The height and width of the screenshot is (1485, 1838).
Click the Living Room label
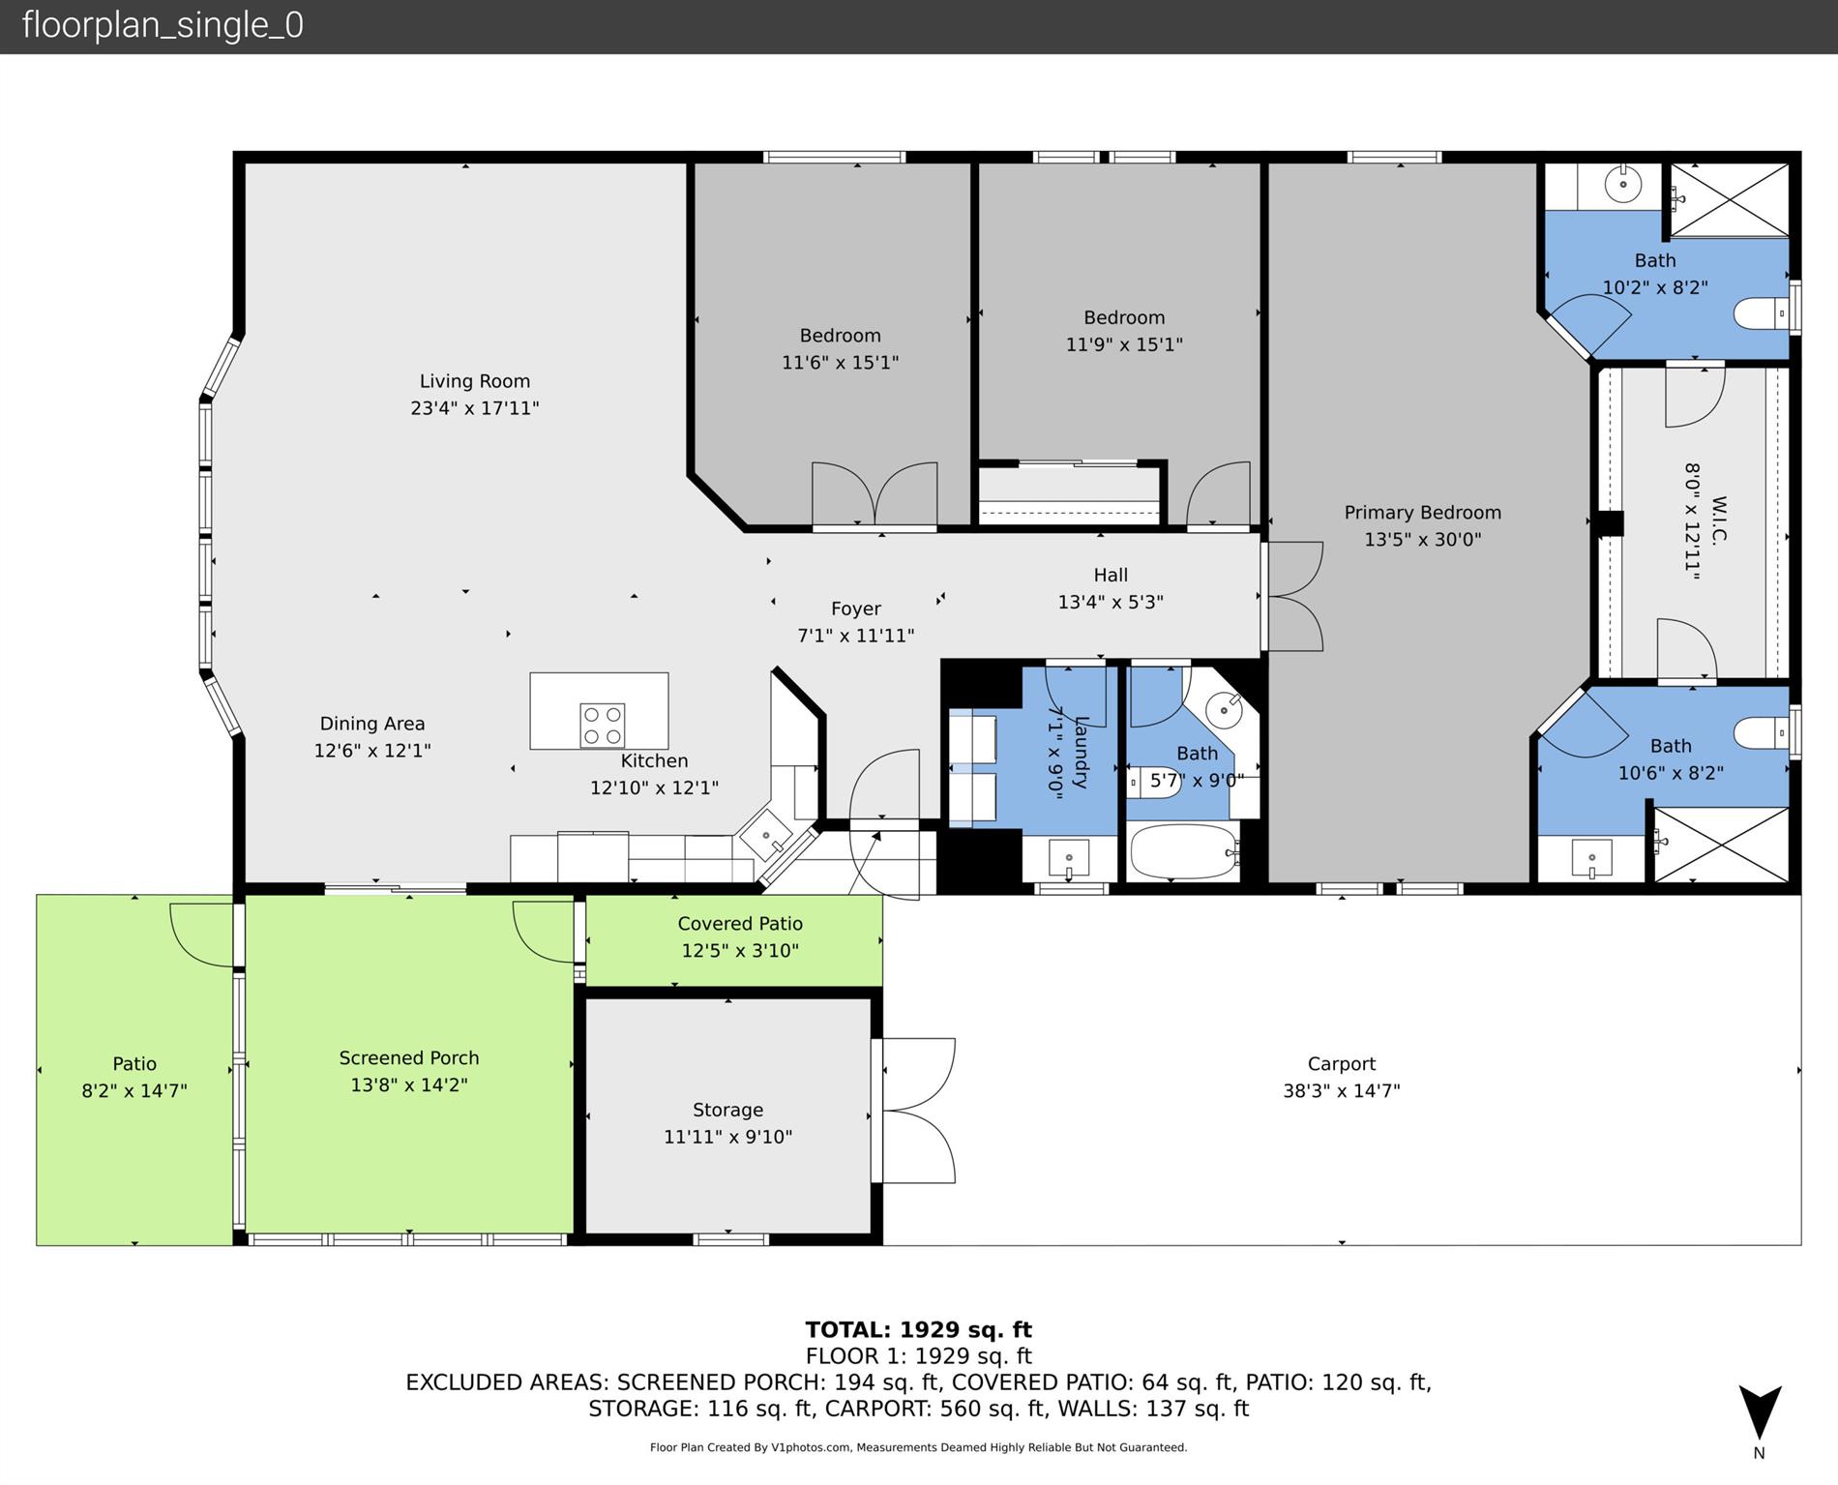474,381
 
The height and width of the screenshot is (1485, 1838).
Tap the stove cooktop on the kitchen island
602,726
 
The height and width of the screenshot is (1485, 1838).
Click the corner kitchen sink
766,835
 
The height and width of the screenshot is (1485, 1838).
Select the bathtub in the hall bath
1183,851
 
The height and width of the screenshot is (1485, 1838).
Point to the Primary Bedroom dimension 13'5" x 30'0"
1422,540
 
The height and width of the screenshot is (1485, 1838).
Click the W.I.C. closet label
1719,521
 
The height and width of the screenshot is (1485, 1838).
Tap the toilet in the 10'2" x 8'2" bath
1761,314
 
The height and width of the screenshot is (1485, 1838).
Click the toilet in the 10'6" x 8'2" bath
1761,732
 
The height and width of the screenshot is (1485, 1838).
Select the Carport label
1341,1064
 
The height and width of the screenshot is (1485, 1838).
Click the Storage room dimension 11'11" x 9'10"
727,1137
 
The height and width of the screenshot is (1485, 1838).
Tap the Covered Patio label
739,924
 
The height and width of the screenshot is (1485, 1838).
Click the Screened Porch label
408,1058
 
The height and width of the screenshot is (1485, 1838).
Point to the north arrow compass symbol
1760,1413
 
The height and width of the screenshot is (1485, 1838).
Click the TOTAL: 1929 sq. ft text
918,1330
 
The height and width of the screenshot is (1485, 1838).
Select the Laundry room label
1082,753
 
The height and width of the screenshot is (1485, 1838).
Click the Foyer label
855,609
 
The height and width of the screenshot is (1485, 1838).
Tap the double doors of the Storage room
914,1111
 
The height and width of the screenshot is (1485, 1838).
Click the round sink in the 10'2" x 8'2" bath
1622,183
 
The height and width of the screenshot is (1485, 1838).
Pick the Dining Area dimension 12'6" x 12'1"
371,751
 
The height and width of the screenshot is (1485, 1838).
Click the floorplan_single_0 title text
163,25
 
